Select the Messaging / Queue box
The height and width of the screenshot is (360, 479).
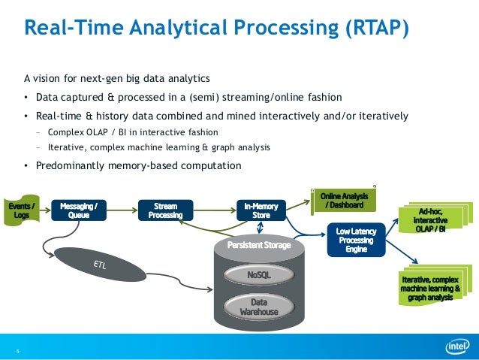(x=78, y=209)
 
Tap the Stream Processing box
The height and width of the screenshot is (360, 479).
(x=165, y=209)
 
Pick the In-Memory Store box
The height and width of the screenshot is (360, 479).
(x=260, y=210)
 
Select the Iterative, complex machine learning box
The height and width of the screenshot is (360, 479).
(x=435, y=287)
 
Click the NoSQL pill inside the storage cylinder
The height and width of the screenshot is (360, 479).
(x=258, y=276)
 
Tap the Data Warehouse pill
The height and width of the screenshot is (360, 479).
(x=258, y=307)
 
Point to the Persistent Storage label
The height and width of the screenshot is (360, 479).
(x=259, y=246)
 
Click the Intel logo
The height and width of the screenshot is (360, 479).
(x=456, y=346)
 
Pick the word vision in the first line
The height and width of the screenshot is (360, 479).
(x=52, y=78)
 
